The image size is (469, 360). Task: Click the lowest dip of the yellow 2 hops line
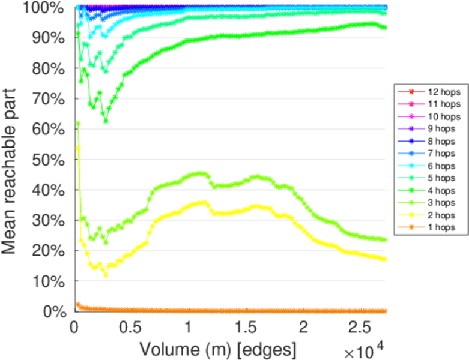click(x=106, y=275)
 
